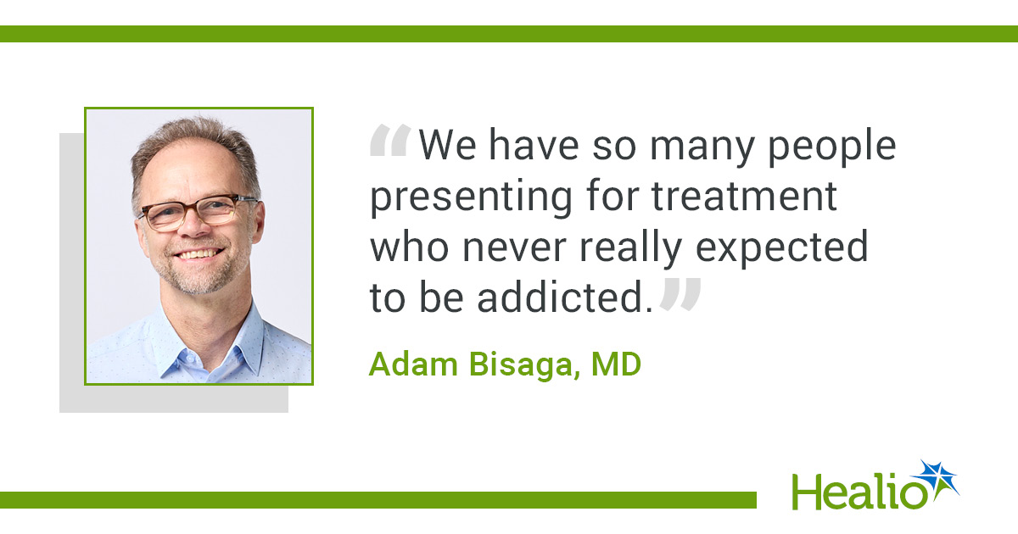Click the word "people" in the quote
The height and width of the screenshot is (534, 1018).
point(831,147)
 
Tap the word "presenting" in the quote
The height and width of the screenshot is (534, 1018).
point(471,198)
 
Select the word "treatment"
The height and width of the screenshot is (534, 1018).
point(745,196)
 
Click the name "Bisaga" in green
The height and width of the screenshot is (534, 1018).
point(524,366)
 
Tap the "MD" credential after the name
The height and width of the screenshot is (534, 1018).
point(616,364)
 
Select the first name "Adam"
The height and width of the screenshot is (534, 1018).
point(413,364)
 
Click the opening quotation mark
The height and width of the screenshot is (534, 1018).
point(390,141)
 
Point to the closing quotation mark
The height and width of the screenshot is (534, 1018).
point(680,294)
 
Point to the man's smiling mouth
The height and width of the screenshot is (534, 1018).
point(199,253)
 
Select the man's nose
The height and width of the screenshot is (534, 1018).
point(194,224)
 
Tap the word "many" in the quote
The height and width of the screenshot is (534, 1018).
point(702,150)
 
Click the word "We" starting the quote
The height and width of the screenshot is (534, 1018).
point(448,145)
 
